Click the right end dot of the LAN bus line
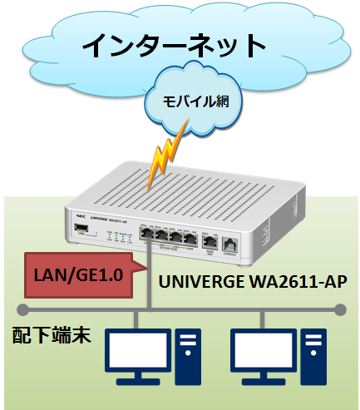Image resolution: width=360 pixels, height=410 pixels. tap(339, 309)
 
